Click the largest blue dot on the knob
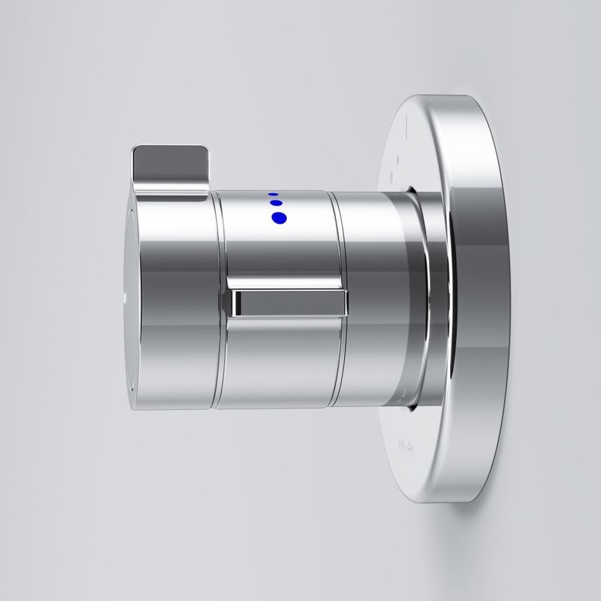[x=279, y=218]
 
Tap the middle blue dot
[x=275, y=203]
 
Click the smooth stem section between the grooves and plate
[x=368, y=300]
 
